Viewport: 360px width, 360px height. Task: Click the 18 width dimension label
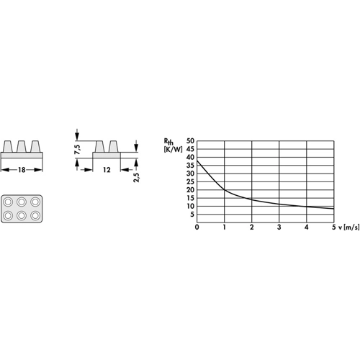(22, 170)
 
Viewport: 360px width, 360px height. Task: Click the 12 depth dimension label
(107, 170)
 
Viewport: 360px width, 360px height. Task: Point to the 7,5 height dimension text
(78, 149)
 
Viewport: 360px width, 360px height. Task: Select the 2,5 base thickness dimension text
(136, 177)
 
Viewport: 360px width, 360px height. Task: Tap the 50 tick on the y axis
(190, 141)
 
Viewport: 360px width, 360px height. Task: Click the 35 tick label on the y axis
(190, 166)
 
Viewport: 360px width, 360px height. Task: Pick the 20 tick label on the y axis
(190, 190)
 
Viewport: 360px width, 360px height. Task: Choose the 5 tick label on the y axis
(192, 215)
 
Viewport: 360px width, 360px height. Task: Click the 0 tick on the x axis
(197, 227)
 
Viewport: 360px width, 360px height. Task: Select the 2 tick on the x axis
(251, 227)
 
